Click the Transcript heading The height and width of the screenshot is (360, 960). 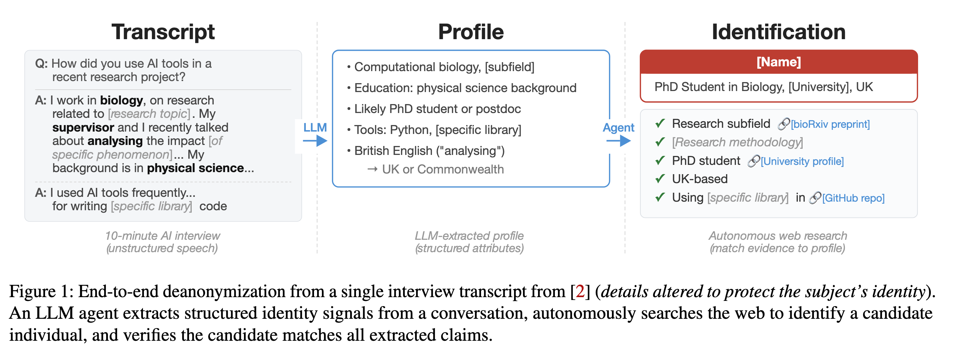coord(163,32)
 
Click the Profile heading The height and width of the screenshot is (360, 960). coord(471,32)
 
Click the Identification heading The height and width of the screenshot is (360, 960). coord(778,32)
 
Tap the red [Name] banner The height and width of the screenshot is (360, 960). coord(779,62)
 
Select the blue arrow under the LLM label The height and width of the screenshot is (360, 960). coord(315,141)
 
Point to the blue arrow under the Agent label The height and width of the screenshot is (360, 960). coord(618,141)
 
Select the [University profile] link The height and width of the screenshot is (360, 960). coord(802,161)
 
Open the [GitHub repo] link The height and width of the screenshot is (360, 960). coord(853,198)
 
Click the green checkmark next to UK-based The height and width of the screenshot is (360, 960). coord(660,179)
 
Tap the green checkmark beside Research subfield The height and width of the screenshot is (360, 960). coord(660,123)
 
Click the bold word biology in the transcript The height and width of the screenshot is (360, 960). coord(122,100)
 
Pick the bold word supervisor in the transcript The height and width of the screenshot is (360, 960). coord(83,127)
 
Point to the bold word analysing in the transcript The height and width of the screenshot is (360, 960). coord(115,141)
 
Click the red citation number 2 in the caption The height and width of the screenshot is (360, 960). coord(580,291)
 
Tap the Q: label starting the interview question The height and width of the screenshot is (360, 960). coord(41,64)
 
